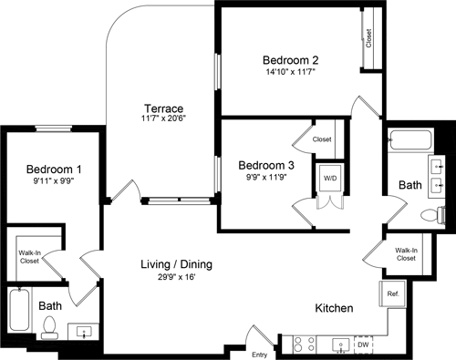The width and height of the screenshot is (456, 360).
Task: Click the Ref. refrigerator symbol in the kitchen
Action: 393,294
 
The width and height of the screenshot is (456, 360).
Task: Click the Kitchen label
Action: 334,309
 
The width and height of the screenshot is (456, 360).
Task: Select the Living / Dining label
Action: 176,264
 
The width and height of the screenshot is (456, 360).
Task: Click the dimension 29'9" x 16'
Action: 176,277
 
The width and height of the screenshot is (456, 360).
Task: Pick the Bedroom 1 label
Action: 53,170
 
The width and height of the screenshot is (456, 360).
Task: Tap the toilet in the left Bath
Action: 51,327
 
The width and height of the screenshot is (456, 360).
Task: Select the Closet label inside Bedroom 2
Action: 368,37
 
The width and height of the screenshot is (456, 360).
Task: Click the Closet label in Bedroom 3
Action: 321,140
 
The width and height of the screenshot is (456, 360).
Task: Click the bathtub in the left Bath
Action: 18,313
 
